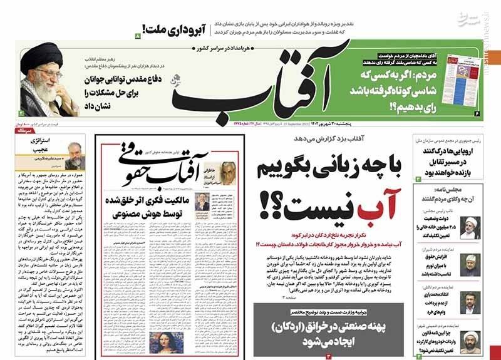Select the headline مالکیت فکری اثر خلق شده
click(x=143, y=207)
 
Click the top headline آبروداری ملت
click(x=167, y=28)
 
